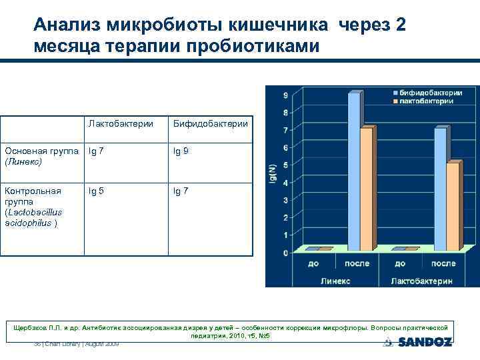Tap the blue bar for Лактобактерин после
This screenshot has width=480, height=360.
441,189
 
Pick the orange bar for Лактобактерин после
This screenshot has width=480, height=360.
453,206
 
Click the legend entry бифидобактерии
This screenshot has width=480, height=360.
427,93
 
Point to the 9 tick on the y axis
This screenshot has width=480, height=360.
285,95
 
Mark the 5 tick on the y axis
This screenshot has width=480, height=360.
285,165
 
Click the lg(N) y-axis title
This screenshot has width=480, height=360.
273,173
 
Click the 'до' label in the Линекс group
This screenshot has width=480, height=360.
313,264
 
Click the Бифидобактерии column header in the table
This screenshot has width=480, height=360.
210,123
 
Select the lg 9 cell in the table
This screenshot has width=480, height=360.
181,151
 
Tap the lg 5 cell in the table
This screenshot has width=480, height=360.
97,191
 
